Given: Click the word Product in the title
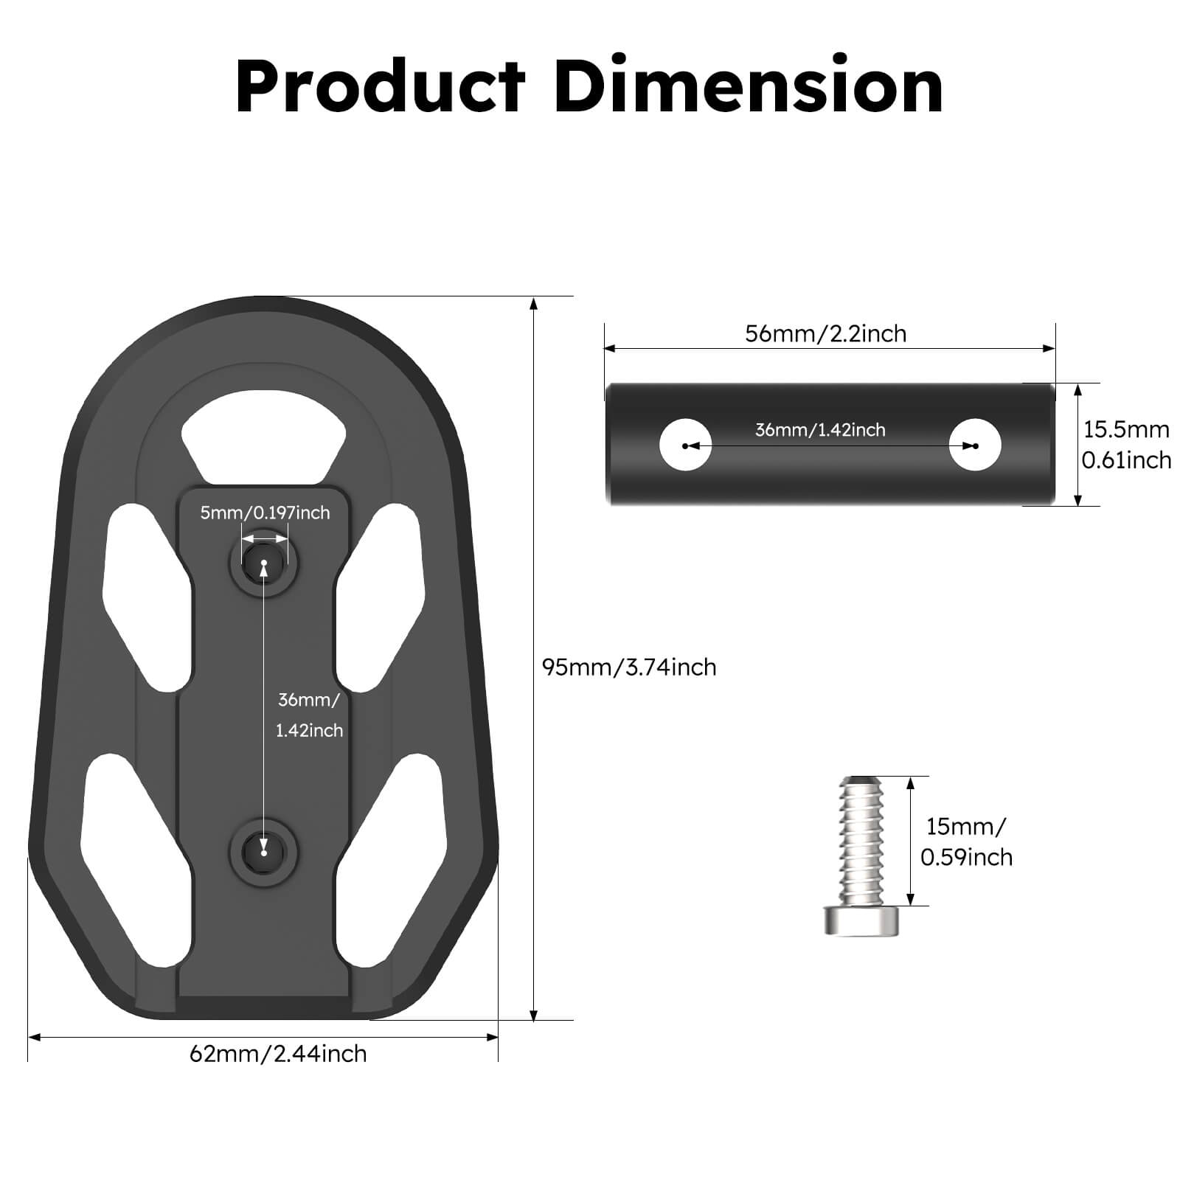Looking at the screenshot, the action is pos(381,87).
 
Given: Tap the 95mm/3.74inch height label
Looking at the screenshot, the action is pos(629,667).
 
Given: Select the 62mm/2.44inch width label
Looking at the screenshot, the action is pos(278,1054).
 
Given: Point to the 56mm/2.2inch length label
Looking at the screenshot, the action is pos(825,334).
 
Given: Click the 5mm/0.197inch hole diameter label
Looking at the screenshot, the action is pos(265,513).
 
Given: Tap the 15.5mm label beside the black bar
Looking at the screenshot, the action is pos(1126,430).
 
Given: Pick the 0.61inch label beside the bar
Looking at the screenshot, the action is pos(1126,460).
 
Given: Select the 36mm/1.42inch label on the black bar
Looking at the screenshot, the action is pos(820,430).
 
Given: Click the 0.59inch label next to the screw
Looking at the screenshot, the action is pos(966,858).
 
